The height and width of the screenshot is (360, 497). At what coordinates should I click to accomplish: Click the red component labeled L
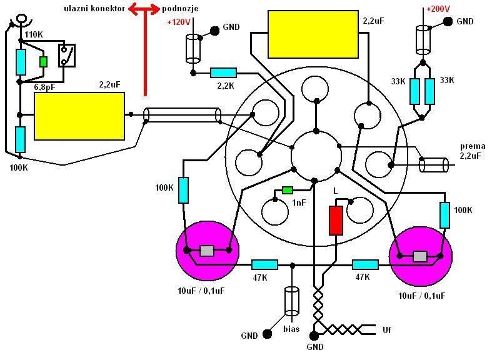pyautogui.click(x=336, y=219)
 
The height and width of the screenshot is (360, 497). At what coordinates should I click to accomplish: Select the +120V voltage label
pyautogui.click(x=178, y=22)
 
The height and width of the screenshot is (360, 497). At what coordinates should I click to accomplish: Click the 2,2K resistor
pyautogui.click(x=223, y=73)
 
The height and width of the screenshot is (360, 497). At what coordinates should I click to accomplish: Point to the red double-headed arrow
pyautogui.click(x=144, y=9)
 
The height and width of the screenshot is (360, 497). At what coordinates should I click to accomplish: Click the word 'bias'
pyautogui.click(x=291, y=329)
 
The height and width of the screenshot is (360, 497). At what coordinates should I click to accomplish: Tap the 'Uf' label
pyautogui.click(x=386, y=329)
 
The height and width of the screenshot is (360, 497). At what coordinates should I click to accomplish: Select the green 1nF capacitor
pyautogui.click(x=288, y=190)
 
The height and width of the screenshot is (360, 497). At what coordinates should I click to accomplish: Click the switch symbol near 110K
pyautogui.click(x=67, y=55)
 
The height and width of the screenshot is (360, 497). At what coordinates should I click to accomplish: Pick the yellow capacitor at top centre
pyautogui.click(x=313, y=33)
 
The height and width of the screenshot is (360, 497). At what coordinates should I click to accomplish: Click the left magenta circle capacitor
pyautogui.click(x=207, y=251)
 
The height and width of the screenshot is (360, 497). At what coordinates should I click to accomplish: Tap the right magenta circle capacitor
pyautogui.click(x=420, y=256)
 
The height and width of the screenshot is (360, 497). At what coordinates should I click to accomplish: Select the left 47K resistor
pyautogui.click(x=264, y=264)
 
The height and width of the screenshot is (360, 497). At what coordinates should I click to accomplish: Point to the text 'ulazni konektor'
pyautogui.click(x=94, y=9)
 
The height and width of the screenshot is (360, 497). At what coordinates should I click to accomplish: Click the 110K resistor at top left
pyautogui.click(x=20, y=62)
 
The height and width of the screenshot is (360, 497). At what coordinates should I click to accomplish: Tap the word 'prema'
pyautogui.click(x=472, y=146)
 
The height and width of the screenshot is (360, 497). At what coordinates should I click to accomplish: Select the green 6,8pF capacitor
pyautogui.click(x=43, y=62)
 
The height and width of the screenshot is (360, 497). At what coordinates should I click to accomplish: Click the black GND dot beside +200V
pyautogui.click(x=448, y=22)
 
